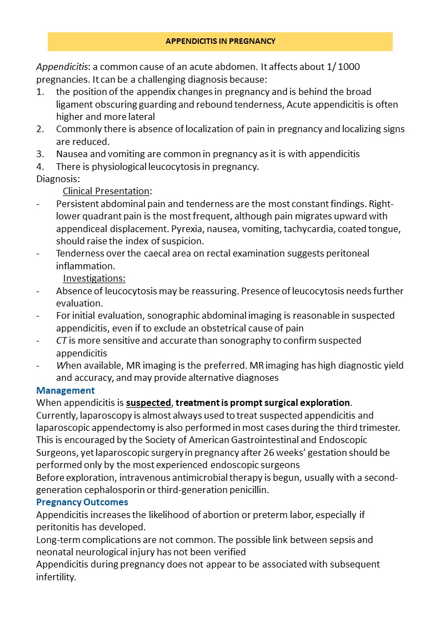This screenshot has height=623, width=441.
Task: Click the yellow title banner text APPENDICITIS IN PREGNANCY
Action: [220, 42]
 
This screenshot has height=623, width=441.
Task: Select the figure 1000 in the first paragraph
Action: [349, 67]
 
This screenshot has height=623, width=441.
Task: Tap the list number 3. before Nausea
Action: [40, 154]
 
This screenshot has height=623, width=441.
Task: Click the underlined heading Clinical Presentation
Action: [106, 191]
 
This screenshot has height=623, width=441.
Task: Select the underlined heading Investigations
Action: [94, 278]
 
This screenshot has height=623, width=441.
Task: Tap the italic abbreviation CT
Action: [62, 340]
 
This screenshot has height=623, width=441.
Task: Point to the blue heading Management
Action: [66, 390]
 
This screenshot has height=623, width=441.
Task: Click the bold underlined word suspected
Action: [148, 403]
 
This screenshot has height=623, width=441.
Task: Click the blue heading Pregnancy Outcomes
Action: [82, 502]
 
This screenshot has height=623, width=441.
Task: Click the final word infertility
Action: [55, 577]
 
